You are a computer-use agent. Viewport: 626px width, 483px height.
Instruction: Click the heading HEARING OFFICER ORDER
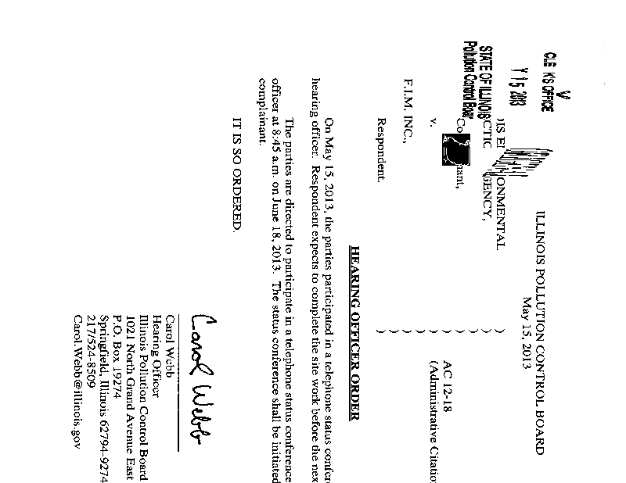pyautogui.click(x=354, y=333)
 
